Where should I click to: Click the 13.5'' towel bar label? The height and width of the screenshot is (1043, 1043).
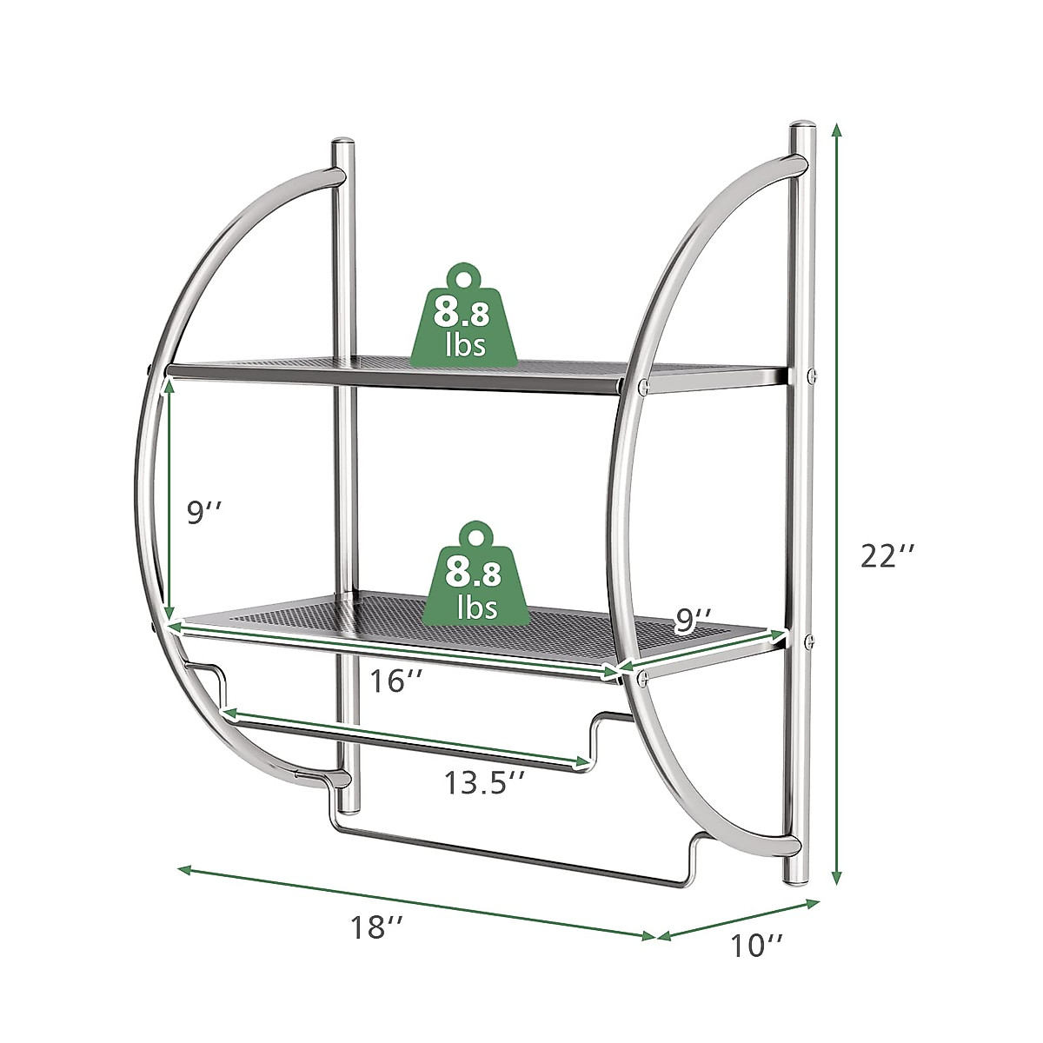point(484,783)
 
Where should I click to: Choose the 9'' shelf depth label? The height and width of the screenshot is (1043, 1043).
point(694,619)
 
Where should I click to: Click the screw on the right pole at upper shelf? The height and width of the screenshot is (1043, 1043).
point(813,375)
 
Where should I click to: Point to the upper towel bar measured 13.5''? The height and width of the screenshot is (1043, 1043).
point(409,739)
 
